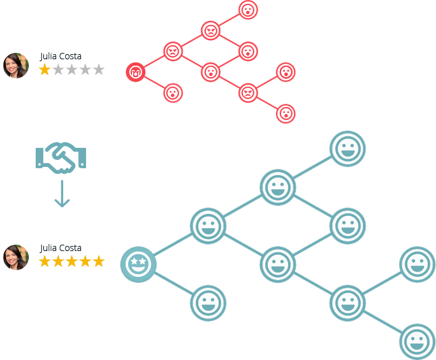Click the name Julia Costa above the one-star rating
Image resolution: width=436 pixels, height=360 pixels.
click(61, 56)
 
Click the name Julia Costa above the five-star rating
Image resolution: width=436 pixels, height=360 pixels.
click(61, 248)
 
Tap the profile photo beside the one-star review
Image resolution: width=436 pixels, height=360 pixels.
click(16, 66)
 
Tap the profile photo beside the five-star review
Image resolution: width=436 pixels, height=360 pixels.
click(16, 257)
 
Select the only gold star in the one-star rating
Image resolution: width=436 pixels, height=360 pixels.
click(45, 69)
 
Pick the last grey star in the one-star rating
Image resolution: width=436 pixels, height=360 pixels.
click(99, 69)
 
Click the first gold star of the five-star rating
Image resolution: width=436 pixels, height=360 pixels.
click(45, 261)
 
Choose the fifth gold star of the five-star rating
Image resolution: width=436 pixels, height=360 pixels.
click(99, 261)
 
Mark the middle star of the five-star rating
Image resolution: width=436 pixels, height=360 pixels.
click(71, 261)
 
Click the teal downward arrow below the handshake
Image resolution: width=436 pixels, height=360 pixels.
click(61, 194)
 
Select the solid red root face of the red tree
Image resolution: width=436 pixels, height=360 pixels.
click(135, 72)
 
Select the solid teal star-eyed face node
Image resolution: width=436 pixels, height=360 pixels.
click(138, 263)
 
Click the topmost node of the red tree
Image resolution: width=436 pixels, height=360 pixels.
click(248, 10)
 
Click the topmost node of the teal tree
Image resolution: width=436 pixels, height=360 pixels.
click(348, 148)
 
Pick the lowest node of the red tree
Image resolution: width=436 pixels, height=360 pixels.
click(286, 113)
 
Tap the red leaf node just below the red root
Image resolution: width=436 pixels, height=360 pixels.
click(173, 93)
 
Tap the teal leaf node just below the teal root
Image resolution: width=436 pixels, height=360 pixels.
click(208, 302)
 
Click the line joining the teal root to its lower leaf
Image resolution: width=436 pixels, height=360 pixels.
click(173, 283)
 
